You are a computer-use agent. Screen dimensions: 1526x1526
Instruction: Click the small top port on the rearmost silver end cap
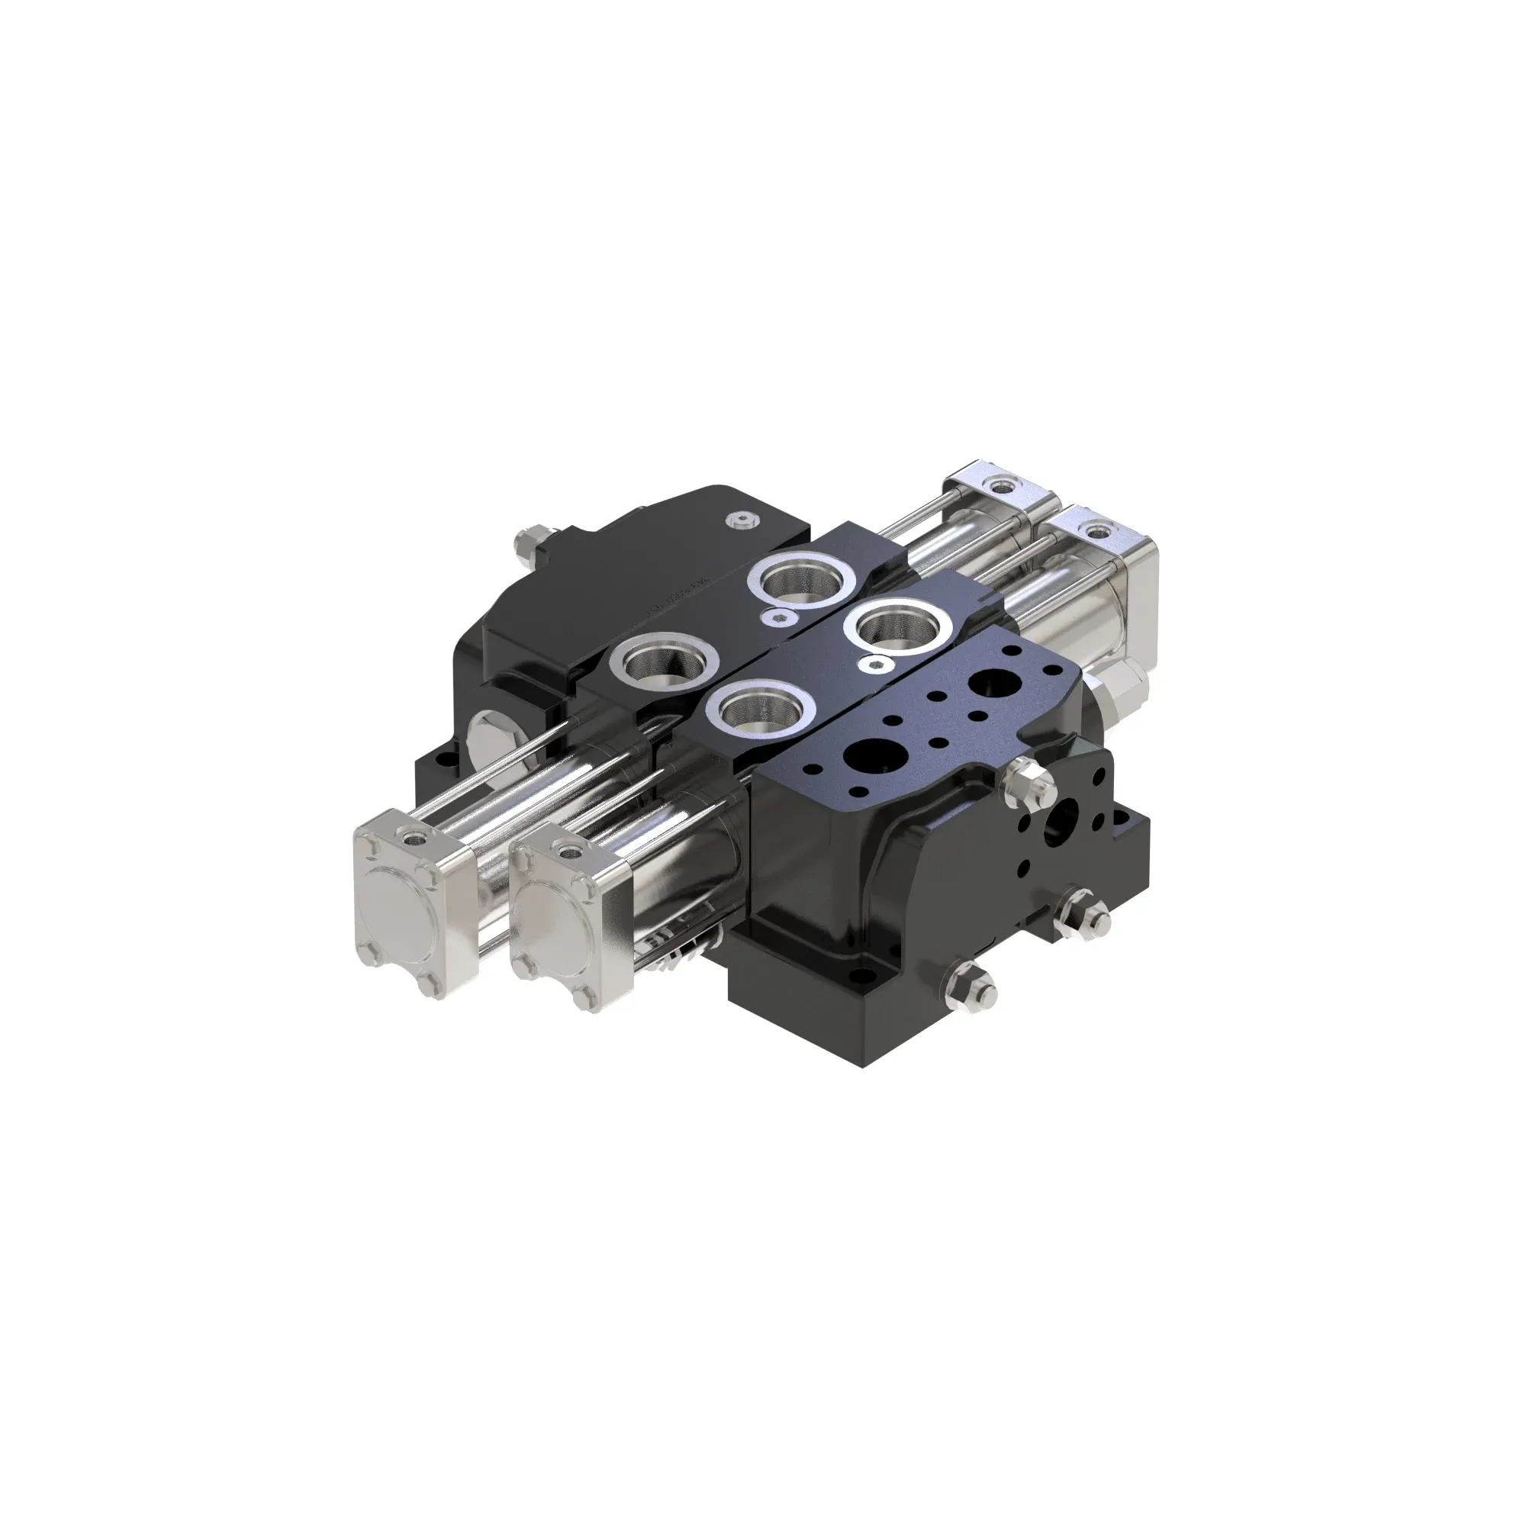pyautogui.click(x=1003, y=485)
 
